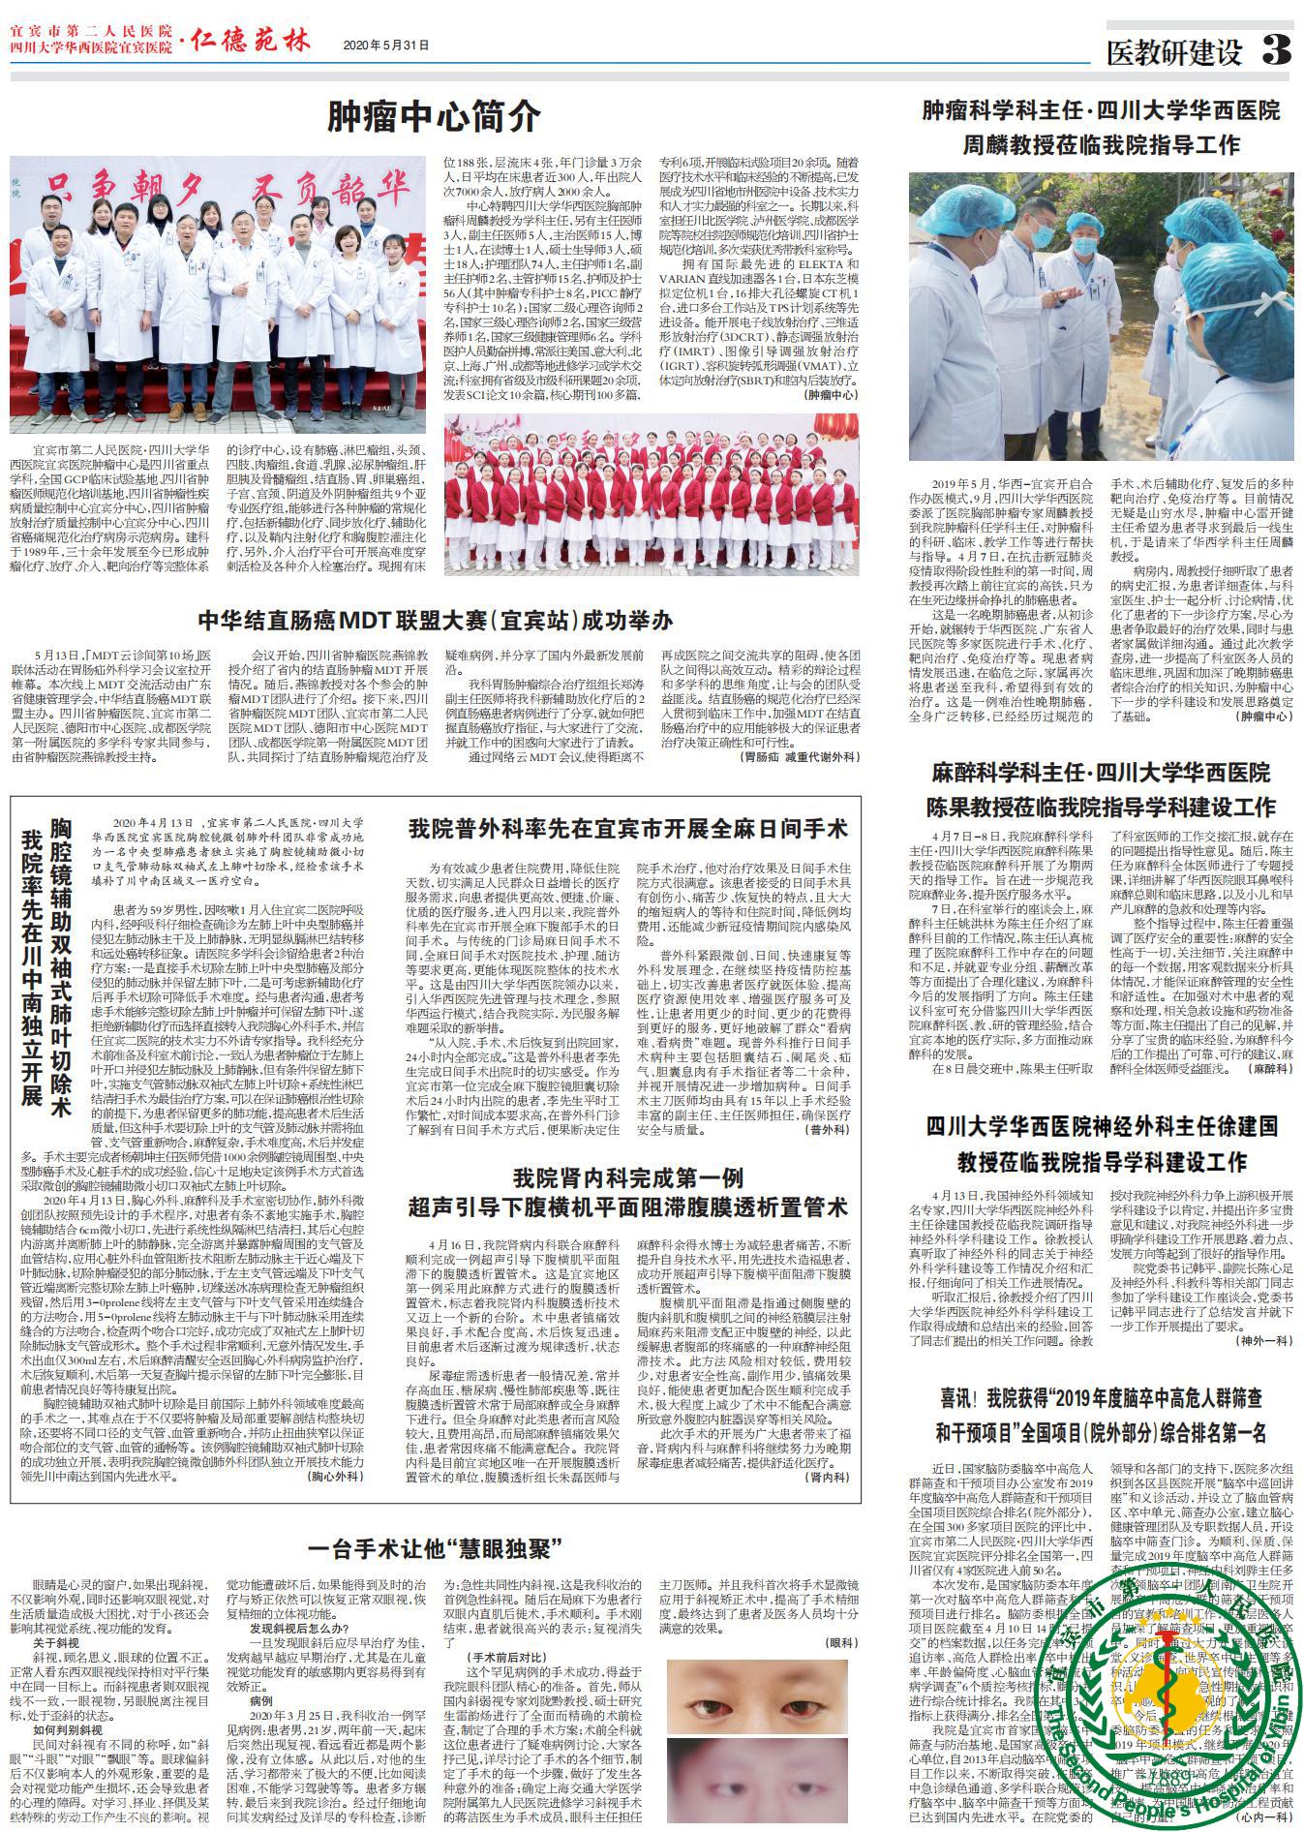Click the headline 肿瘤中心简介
pyautogui.click(x=434, y=116)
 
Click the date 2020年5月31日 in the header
pyautogui.click(x=385, y=46)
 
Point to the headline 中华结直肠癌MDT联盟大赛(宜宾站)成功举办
pyautogui.click(x=435, y=621)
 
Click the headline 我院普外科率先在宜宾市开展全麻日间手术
pyautogui.click(x=627, y=829)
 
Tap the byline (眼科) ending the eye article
pyautogui.click(x=840, y=1643)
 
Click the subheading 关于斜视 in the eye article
pyautogui.click(x=56, y=1644)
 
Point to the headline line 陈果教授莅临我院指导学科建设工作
pyautogui.click(x=1101, y=807)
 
